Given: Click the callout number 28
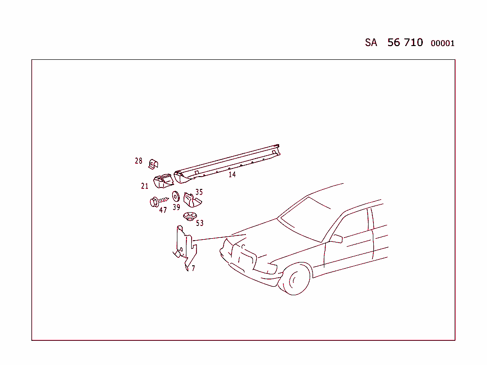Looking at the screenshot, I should [138, 161].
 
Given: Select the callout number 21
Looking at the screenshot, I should [145, 186].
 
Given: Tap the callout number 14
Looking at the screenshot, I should [232, 174].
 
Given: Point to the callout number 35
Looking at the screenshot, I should [199, 192].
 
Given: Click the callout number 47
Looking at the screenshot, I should [163, 210].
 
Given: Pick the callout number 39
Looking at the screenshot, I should [176, 207].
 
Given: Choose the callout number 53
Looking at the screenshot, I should [200, 223].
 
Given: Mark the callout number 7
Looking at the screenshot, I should [193, 268].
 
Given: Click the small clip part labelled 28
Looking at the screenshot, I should [154, 164].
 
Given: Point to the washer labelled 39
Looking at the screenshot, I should [175, 196].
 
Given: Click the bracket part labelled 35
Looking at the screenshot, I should [190, 200].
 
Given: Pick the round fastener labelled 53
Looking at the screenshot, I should [190, 217].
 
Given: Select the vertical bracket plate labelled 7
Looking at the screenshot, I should [183, 247].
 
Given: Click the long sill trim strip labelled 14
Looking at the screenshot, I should [228, 163].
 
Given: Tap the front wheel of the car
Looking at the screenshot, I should [296, 280].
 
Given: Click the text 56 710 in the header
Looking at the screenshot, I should [405, 42].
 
